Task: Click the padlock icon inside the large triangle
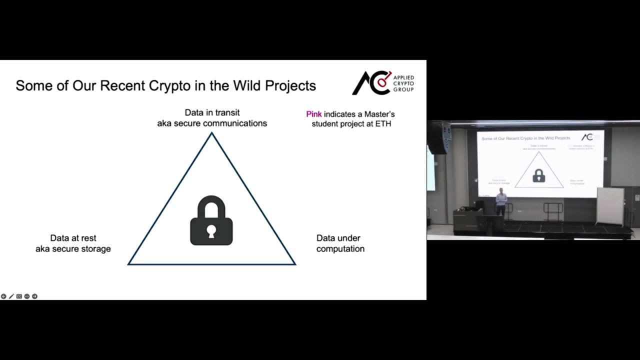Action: pos(211,221)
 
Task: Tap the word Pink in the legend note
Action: pos(313,114)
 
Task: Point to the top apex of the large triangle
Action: pos(211,133)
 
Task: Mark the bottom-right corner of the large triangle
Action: pos(294,263)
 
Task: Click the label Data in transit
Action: pos(212,112)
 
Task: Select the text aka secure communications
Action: pos(212,123)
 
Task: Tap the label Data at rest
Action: pos(73,238)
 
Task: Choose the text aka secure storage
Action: pos(73,249)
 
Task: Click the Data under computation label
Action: pos(340,243)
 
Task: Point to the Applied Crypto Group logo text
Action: pos(403,83)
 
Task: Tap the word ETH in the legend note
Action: pos(383,124)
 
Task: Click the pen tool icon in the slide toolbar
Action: pos(11,296)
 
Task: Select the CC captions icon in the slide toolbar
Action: pos(19,296)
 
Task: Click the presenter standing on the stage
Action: pos(500,202)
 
